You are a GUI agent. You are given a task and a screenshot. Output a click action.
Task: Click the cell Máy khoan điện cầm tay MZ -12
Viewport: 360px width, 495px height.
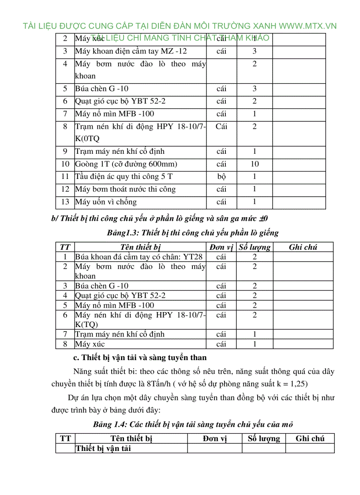131,51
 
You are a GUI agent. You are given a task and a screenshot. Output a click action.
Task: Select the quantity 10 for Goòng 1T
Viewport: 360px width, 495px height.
255,164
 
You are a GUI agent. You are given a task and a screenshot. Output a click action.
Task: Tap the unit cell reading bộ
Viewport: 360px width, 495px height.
221,177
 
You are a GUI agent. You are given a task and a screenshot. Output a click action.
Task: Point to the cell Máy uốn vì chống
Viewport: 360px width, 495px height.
106,202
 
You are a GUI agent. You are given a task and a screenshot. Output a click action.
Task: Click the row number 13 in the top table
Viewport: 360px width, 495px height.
65,202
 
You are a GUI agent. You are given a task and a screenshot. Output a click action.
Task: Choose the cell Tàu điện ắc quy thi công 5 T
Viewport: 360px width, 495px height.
124,177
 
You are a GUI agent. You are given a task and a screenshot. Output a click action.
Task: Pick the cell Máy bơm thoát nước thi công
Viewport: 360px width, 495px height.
125,189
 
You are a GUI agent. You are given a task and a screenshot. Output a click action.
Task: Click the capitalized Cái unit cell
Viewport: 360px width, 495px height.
221,127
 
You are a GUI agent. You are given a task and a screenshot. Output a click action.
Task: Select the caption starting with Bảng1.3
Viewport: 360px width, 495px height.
192,232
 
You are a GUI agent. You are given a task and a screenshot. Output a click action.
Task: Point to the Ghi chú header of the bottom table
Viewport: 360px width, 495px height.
310,439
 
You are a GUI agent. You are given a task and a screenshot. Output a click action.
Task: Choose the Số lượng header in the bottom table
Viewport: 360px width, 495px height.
263,439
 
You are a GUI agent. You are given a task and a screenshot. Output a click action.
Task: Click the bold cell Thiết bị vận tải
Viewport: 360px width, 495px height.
103,448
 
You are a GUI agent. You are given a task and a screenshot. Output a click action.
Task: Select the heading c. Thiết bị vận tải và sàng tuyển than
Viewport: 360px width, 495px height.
140,357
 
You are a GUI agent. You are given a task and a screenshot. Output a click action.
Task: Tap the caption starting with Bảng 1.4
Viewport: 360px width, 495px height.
193,424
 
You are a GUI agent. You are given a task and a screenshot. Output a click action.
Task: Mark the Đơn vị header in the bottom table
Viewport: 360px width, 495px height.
214,439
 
